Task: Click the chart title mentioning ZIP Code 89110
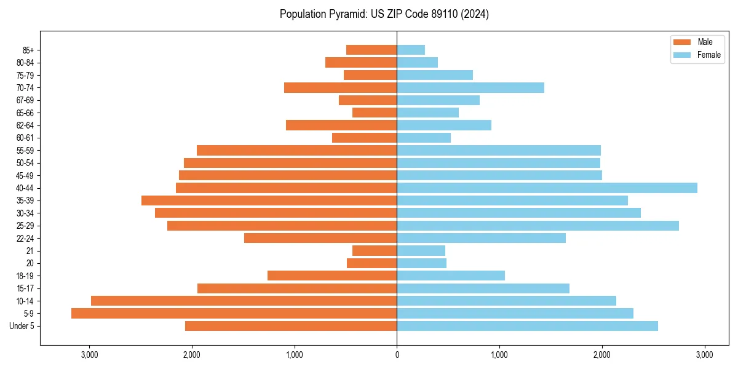click(x=384, y=14)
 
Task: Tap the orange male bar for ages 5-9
click(x=234, y=314)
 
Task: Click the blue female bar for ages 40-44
click(x=547, y=188)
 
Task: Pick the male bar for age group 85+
click(x=371, y=50)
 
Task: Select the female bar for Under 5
click(x=527, y=326)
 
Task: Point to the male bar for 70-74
click(x=340, y=88)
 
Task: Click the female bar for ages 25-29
click(x=538, y=226)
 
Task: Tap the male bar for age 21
click(x=375, y=251)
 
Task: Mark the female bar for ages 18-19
click(x=451, y=276)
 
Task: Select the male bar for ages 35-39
click(x=269, y=200)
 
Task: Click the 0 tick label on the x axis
click(x=397, y=355)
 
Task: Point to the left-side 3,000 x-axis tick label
click(x=89, y=355)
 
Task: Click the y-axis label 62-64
click(x=25, y=125)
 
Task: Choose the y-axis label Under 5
click(x=22, y=326)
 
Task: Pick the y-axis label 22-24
click(x=25, y=239)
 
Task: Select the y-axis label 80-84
click(x=25, y=63)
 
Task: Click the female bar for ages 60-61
click(x=424, y=138)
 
